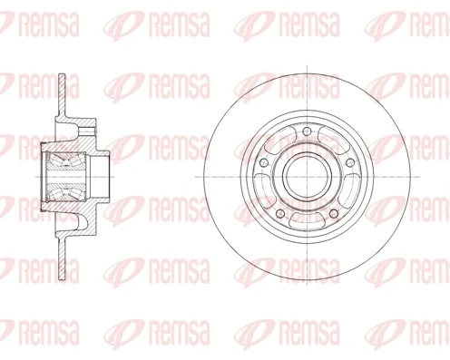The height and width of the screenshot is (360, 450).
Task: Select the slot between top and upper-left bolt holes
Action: (x=279, y=142)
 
